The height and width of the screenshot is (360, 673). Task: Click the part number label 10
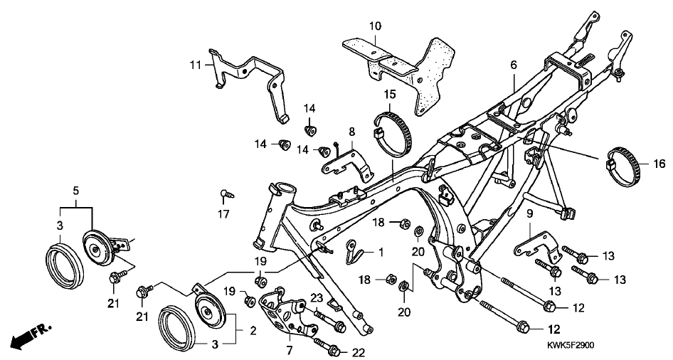pos(374,26)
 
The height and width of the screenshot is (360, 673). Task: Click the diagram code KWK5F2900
pos(571,346)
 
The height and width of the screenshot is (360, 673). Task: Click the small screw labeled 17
pos(224,192)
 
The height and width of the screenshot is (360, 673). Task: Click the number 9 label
pos(529,213)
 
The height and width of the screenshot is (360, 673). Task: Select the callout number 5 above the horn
pos(75,190)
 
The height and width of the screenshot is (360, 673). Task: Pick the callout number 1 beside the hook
pos(381,252)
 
